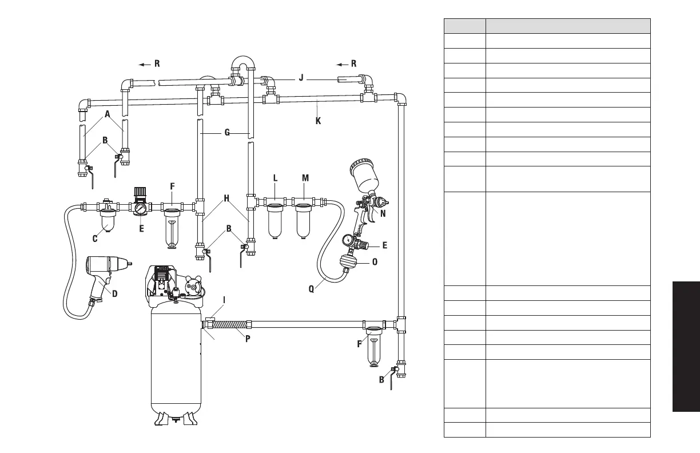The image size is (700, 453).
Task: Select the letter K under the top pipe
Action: click(x=319, y=121)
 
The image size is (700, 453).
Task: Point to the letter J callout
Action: click(x=301, y=78)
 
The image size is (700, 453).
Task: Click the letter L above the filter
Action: click(x=275, y=178)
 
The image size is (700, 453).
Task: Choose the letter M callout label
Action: click(x=305, y=178)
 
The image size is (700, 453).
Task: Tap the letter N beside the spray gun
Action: click(x=383, y=214)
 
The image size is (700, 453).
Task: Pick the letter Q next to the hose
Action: click(x=311, y=289)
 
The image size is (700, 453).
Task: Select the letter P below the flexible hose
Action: click(x=249, y=338)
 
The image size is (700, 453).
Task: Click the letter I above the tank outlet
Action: click(x=224, y=299)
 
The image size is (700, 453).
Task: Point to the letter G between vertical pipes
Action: click(x=227, y=133)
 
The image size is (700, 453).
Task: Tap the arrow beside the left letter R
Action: click(x=145, y=64)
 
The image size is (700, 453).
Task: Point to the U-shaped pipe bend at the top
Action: click(x=243, y=63)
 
